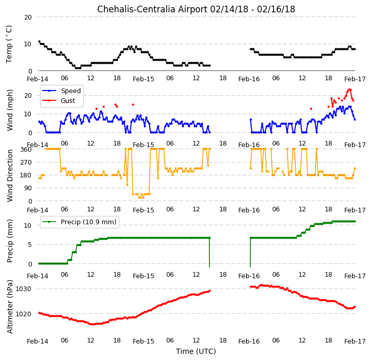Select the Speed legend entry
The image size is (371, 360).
(x=61, y=91)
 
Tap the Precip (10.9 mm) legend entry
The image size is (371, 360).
(x=79, y=222)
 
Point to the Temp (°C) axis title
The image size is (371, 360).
(x=9, y=44)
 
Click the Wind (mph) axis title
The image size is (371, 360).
(x=9, y=110)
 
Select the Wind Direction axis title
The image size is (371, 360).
(x=9, y=175)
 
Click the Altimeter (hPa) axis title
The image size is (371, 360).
(x=9, y=307)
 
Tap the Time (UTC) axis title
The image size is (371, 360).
(x=196, y=351)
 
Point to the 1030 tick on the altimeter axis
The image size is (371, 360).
(x=24, y=289)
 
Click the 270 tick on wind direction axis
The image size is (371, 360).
(x=26, y=163)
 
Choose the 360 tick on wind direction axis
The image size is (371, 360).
(x=26, y=149)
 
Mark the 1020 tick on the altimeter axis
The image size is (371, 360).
(x=24, y=314)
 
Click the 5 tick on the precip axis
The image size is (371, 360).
(x=30, y=245)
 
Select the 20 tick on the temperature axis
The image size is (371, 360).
(x=28, y=17)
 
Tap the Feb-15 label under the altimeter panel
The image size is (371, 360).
(x=144, y=341)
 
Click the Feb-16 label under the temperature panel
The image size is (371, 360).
(x=249, y=79)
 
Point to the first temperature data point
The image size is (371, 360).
(x=39, y=41)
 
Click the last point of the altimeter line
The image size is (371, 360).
(x=355, y=307)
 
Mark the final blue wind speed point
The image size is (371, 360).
(x=355, y=119)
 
